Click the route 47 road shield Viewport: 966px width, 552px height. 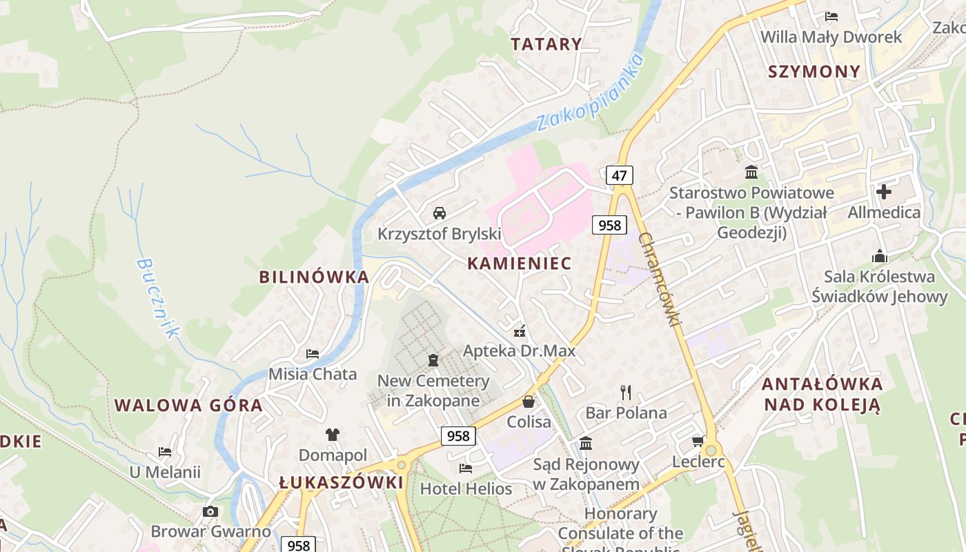pyautogui.click(x=619, y=175)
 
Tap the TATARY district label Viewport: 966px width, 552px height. pyautogui.click(x=546, y=44)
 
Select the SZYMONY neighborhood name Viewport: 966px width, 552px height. pyautogui.click(x=814, y=72)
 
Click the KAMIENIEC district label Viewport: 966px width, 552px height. pyautogui.click(x=520, y=263)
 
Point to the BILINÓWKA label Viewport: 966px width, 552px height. pyautogui.click(x=314, y=277)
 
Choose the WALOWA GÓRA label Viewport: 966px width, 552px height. pyautogui.click(x=188, y=405)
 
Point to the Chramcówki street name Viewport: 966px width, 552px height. pyautogui.click(x=660, y=279)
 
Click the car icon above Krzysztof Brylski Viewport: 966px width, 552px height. pyautogui.click(x=440, y=213)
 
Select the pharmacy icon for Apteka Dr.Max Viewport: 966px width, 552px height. pyautogui.click(x=520, y=331)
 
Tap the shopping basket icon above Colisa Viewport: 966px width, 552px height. pyautogui.click(x=529, y=402)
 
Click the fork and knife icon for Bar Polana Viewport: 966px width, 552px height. pyautogui.click(x=626, y=393)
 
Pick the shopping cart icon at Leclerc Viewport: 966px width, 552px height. pyautogui.click(x=698, y=441)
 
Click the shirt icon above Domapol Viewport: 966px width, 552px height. pyautogui.click(x=333, y=435)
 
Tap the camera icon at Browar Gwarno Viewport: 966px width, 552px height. pyautogui.click(x=210, y=511)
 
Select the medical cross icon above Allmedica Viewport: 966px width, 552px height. pyautogui.click(x=884, y=191)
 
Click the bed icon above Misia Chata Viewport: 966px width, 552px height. pyautogui.click(x=313, y=354)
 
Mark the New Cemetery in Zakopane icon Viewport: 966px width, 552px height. pyautogui.click(x=433, y=360)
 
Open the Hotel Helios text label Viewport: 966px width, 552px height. pyautogui.click(x=466, y=489)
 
